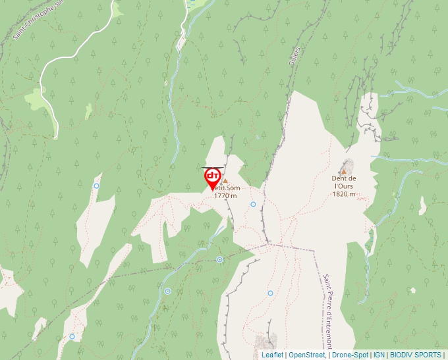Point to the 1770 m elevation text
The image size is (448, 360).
pos(225,196)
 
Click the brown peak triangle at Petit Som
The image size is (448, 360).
pos(225,180)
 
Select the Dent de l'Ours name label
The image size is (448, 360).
pos(344,182)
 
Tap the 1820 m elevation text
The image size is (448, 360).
pos(344,194)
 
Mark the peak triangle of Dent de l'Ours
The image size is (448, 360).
pos(343,172)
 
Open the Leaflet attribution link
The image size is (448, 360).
pos(272,355)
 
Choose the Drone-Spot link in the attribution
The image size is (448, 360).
pos(349,355)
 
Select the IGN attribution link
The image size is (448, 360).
pos(379,355)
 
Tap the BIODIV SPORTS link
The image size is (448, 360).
pos(416,355)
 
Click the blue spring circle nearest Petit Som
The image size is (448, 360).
pos(253,204)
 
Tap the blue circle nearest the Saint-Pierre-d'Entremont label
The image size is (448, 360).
pos(270,293)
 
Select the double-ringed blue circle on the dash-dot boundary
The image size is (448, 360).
pos(219,259)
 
